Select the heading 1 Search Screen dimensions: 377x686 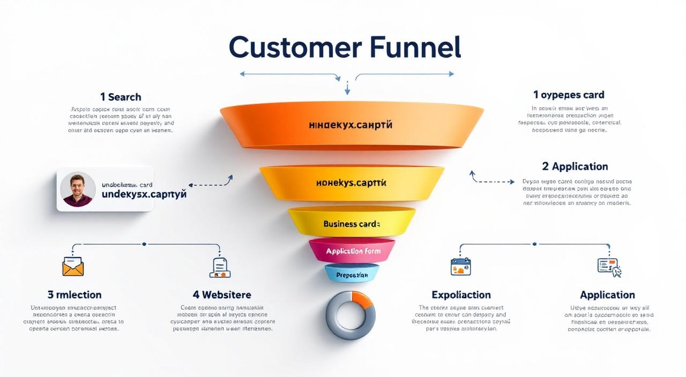click(x=121, y=97)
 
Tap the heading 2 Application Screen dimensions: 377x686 click(x=575, y=166)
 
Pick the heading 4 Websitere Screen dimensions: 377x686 click(x=222, y=295)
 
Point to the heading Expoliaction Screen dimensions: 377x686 click(x=461, y=295)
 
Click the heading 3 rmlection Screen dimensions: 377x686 click(x=74, y=295)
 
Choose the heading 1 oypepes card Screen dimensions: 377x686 click(x=569, y=95)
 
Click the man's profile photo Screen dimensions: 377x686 click(x=78, y=190)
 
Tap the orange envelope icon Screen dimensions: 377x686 click(x=73, y=266)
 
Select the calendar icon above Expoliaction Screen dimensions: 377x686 click(x=460, y=266)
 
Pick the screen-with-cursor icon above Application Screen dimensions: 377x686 click(x=608, y=267)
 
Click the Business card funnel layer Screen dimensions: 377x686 click(x=352, y=223)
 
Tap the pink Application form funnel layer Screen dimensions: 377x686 click(x=352, y=251)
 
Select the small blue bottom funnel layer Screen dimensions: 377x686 click(x=352, y=275)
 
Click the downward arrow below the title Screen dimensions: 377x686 click(x=347, y=88)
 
